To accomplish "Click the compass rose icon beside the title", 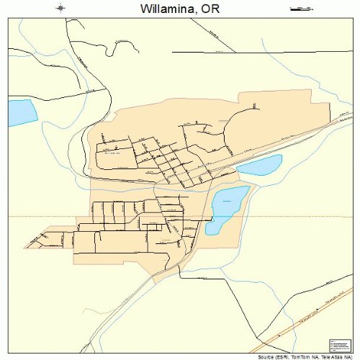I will click(60, 9).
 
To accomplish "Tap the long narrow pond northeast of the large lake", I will click(259, 166).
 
